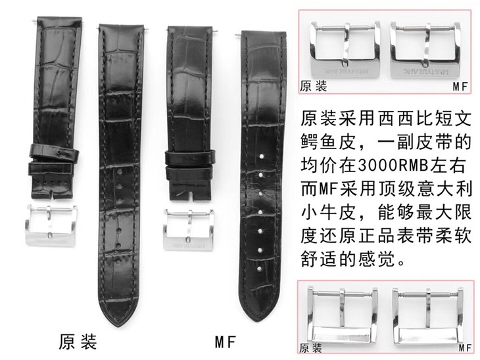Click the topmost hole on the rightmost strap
click(x=261, y=158)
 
